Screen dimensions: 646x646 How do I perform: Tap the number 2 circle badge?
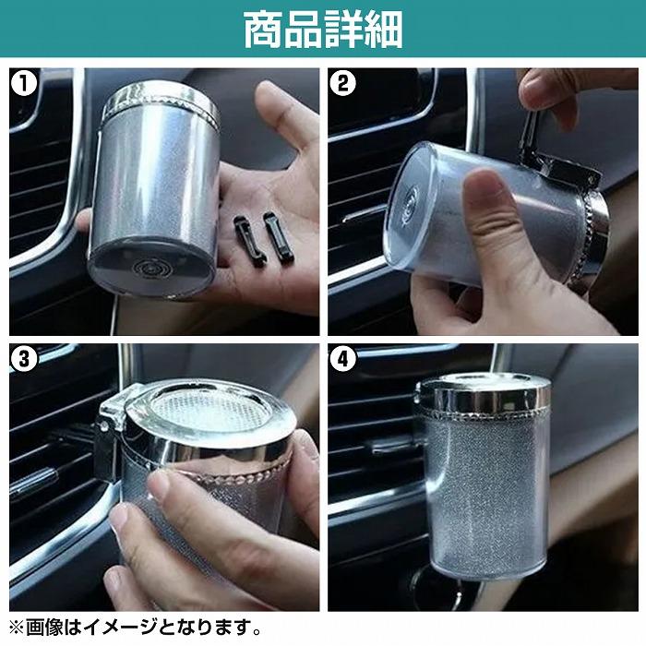(x=342, y=84)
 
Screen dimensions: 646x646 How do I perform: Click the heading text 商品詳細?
(x=322, y=30)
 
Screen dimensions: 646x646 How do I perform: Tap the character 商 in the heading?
(x=263, y=30)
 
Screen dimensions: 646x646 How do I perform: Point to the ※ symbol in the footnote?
(x=16, y=628)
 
